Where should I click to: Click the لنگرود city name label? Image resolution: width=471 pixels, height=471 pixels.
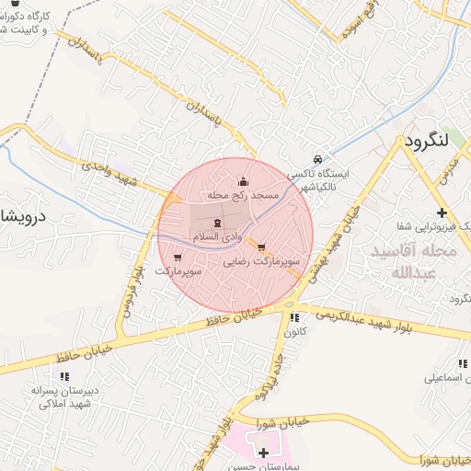(426, 143)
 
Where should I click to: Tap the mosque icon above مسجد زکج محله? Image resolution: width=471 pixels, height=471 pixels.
(243, 180)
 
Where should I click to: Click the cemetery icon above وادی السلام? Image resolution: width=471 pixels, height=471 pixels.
(217, 224)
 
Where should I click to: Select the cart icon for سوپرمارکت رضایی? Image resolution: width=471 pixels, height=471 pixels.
(262, 247)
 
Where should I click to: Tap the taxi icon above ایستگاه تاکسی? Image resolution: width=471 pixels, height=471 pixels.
(317, 158)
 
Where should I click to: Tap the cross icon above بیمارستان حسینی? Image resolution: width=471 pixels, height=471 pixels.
(264, 453)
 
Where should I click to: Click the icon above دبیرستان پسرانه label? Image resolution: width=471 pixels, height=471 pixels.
(64, 376)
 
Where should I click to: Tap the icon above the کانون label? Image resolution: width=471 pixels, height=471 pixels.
(295, 317)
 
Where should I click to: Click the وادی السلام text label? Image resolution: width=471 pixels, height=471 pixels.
(216, 238)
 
